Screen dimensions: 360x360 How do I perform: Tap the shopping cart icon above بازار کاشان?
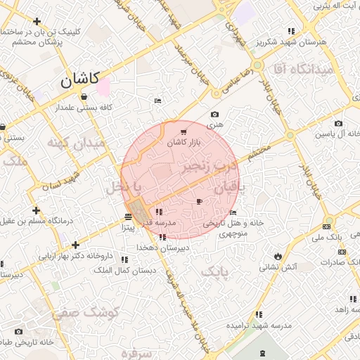(x=184, y=131)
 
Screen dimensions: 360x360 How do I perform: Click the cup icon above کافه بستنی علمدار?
(x=84, y=97)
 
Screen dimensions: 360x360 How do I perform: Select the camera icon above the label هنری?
(x=214, y=114)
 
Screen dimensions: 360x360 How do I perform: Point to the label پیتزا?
(x=127, y=228)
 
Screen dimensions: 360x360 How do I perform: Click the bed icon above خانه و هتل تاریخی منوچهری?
(x=233, y=212)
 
